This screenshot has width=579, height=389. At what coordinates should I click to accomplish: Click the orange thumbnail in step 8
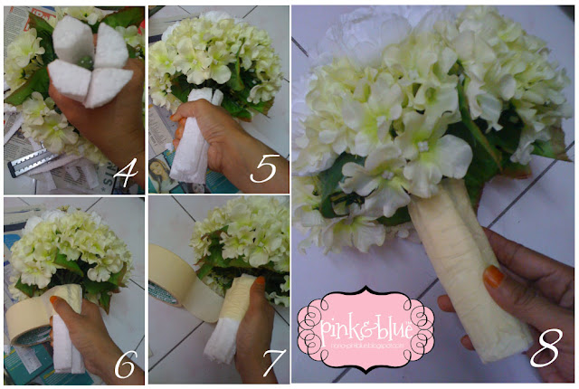493,277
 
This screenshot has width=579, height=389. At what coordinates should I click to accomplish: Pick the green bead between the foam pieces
89,62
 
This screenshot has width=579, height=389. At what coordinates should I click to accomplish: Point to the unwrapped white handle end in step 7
217,347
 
